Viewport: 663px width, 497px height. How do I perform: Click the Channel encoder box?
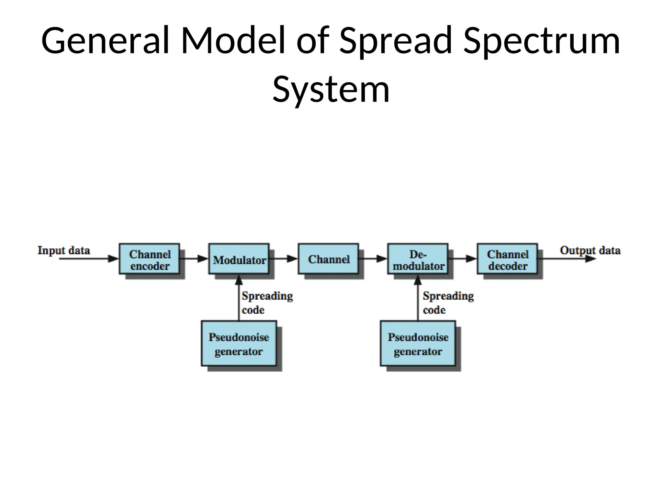coord(149,259)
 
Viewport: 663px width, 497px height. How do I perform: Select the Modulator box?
coord(239,259)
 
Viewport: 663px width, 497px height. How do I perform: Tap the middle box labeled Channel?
coord(329,259)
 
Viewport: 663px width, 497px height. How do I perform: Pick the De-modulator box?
coord(418,259)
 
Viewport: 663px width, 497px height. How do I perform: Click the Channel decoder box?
coord(507,259)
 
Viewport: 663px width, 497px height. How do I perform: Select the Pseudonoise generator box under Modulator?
coord(239,344)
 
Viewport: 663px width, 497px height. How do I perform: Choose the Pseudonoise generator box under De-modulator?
coord(418,344)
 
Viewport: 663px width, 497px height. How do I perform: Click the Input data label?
coord(64,250)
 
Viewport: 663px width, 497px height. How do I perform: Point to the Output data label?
coord(590,250)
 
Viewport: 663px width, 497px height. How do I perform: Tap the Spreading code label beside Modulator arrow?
coord(267,303)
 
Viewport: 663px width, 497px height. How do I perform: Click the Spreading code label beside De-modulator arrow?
coord(448,303)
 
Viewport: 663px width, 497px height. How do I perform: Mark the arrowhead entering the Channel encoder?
coord(113,259)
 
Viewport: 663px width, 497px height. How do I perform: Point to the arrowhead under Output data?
coord(590,259)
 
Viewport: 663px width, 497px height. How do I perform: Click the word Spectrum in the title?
coord(541,41)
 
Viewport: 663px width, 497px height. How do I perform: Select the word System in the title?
coord(331,89)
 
